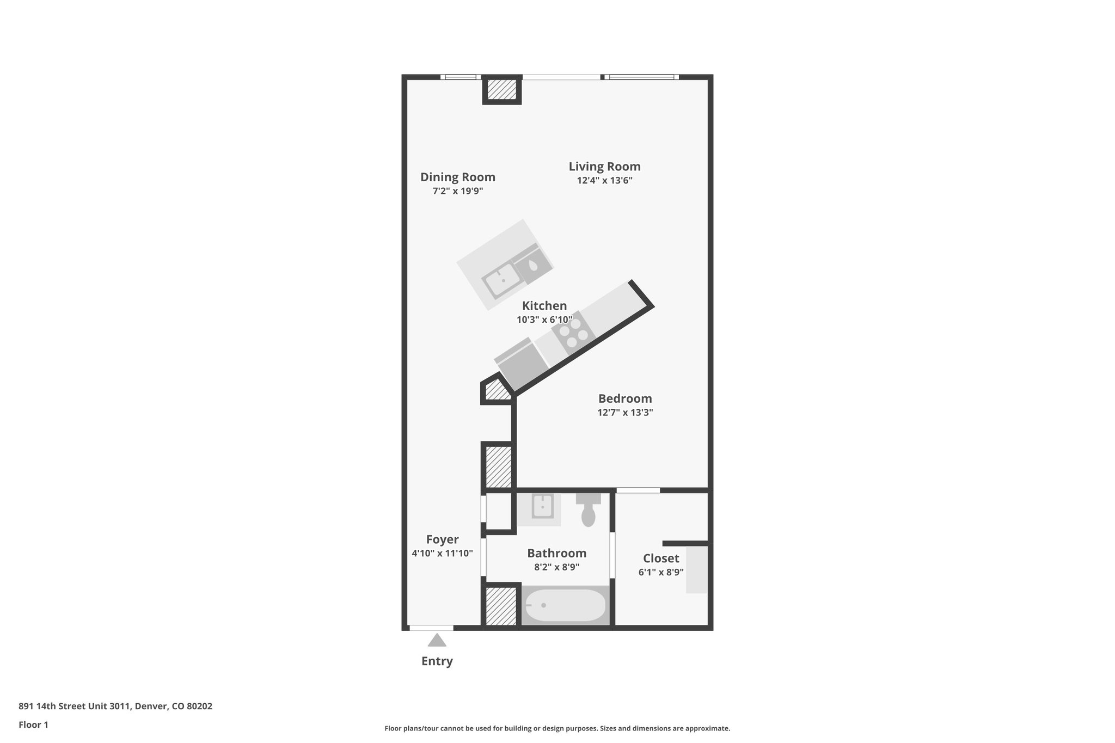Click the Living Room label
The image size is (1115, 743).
pyautogui.click(x=604, y=167)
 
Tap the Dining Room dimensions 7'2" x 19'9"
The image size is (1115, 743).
pyautogui.click(x=457, y=191)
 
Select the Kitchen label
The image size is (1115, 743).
pyautogui.click(x=544, y=306)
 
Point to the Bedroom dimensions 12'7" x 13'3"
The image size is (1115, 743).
pyautogui.click(x=625, y=413)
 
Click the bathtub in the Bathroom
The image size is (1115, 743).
pyautogui.click(x=565, y=605)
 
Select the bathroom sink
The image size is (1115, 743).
pyautogui.click(x=542, y=506)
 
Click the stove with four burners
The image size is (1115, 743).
pyautogui.click(x=571, y=333)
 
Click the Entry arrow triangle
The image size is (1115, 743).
pyautogui.click(x=437, y=641)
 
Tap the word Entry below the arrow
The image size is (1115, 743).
pyautogui.click(x=437, y=661)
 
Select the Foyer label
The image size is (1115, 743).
pyautogui.click(x=442, y=539)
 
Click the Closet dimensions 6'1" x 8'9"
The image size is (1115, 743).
pyautogui.click(x=661, y=572)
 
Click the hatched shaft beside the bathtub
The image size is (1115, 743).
pyautogui.click(x=501, y=606)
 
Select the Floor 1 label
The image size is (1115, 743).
pyautogui.click(x=33, y=724)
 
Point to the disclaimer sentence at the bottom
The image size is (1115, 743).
pyautogui.click(x=557, y=728)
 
